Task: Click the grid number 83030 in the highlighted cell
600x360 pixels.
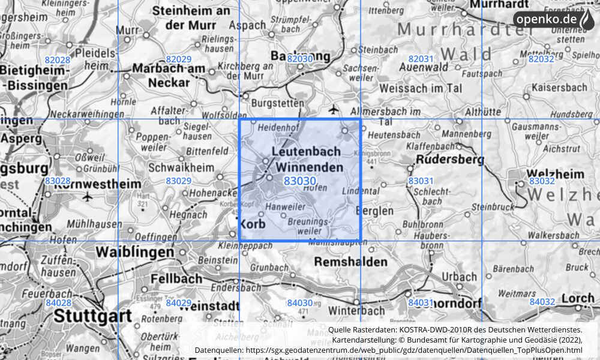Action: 300,181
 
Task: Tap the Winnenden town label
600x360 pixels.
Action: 307,167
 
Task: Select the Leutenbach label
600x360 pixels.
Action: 306,152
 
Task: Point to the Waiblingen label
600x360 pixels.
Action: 137,252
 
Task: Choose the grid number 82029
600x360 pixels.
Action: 178,59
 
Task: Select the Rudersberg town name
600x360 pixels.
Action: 446,160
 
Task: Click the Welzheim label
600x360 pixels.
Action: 554,173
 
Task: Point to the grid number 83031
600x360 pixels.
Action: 421,181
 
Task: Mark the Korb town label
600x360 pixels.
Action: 252,224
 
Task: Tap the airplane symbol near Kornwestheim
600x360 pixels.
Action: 88,196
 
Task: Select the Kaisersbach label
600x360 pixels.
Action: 560,87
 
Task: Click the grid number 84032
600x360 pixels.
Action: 542,302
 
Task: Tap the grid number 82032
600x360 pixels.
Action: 541,59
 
